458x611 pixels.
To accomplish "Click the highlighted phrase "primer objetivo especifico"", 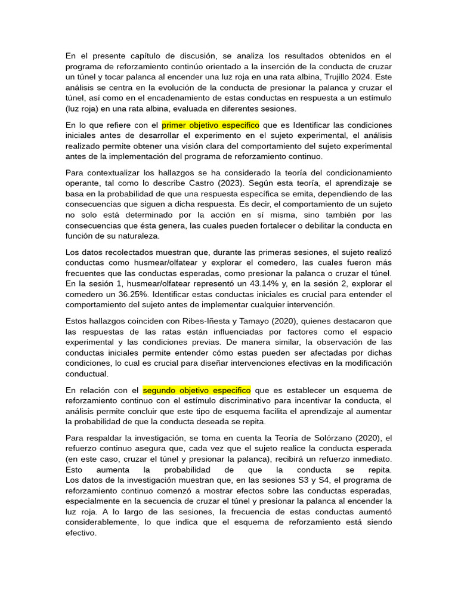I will click(x=210, y=125).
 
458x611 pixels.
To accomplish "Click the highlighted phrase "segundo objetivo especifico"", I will click(x=197, y=390).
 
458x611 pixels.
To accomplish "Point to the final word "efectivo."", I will click(x=81, y=533).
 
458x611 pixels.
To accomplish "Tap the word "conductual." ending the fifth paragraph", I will click(x=86, y=374).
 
